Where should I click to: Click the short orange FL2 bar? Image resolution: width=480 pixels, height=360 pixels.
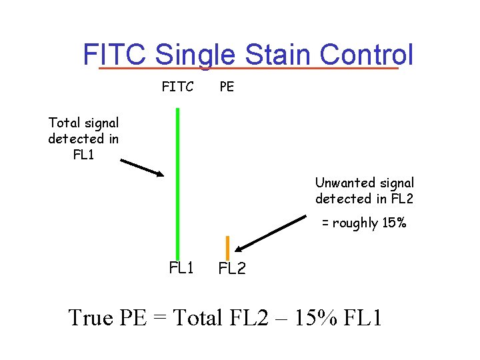(x=227, y=247)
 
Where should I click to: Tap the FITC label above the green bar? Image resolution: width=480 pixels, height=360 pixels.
(x=177, y=87)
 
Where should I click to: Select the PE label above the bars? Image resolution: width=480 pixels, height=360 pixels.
(x=227, y=87)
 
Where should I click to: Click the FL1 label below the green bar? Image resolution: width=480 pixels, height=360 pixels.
(x=181, y=268)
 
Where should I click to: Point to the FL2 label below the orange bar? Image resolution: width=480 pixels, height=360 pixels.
(x=232, y=269)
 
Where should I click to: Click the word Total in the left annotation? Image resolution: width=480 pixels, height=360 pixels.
(x=65, y=123)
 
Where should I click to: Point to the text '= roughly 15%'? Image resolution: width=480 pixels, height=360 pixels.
(x=364, y=223)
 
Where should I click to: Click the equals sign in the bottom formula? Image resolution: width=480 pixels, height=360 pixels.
(x=159, y=317)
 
